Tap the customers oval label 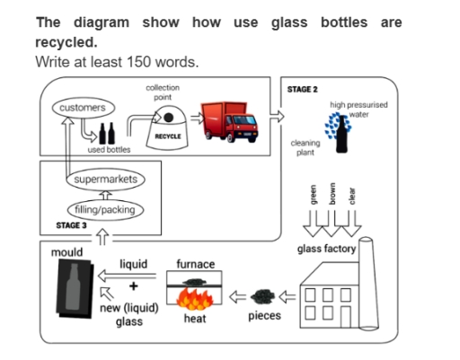(x=82, y=108)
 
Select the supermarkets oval (x=105, y=180)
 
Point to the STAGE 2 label (x=302, y=90)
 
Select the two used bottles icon (x=106, y=134)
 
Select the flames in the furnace (x=195, y=296)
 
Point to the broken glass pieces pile (x=263, y=294)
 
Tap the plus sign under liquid (x=134, y=286)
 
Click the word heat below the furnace (x=195, y=319)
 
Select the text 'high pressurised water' (x=359, y=110)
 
